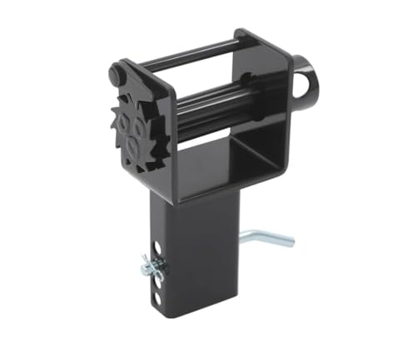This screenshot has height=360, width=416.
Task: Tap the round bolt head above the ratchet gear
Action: pos(116,75)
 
